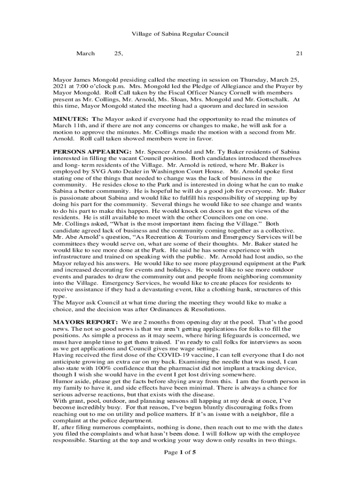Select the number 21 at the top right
pyautogui.click(x=299, y=54)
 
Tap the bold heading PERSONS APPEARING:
pyautogui.click(x=92, y=152)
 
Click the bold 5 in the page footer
pyautogui.click(x=194, y=452)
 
